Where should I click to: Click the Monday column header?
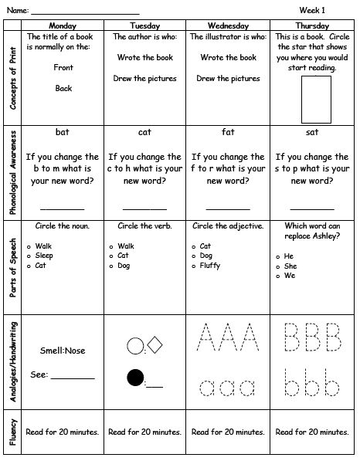coord(63,25)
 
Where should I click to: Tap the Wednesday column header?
coord(229,25)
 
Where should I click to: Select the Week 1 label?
coord(313,9)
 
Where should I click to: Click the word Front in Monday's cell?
coord(63,68)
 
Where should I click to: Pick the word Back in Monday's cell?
coord(63,88)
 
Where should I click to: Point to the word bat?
coord(63,132)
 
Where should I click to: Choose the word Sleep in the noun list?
coord(44,255)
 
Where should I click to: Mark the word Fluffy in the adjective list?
coord(211,265)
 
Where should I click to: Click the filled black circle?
coord(136,378)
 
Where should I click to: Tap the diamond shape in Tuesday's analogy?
coord(154,344)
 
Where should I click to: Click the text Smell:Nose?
coord(62,350)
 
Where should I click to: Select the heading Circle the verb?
coord(145,226)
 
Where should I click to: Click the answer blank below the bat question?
coord(62,208)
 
